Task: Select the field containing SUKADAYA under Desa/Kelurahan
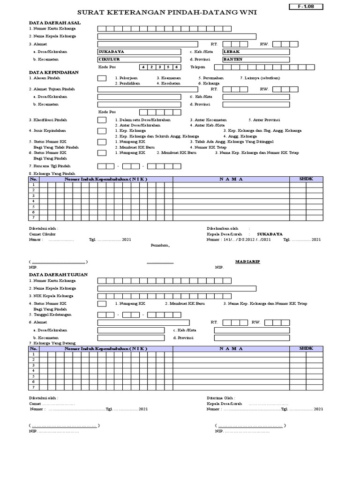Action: click(139, 52)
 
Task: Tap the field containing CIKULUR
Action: click(139, 60)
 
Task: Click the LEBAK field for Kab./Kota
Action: click(255, 52)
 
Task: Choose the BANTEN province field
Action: click(255, 60)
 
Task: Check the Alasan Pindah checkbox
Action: click(102, 78)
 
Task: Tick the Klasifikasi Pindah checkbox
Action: click(102, 120)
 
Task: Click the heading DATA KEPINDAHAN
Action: click(54, 72)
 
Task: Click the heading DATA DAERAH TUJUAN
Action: click(58, 274)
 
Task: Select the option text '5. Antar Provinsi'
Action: click(264, 120)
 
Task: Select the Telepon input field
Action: click(255, 67)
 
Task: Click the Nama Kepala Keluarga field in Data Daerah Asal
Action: click(177, 36)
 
